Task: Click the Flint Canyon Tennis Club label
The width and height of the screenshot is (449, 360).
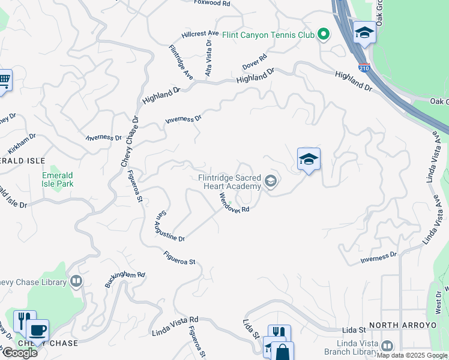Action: [268, 35]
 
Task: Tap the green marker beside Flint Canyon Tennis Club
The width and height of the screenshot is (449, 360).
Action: [324, 34]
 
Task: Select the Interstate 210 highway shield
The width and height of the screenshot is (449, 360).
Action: [364, 68]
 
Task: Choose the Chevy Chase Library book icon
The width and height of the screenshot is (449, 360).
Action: [76, 281]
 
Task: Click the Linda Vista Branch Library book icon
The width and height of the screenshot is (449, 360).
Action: [387, 346]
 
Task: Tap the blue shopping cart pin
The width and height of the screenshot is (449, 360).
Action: [4, 80]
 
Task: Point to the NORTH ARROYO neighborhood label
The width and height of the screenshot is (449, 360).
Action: [402, 325]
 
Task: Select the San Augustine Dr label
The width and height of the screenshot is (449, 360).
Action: [170, 226]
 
